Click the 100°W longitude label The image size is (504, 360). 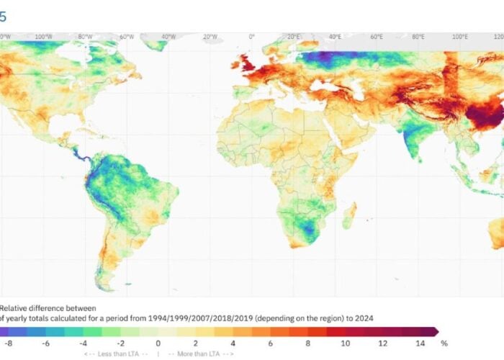pyautogui.click(x=43, y=36)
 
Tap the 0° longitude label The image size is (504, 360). pyautogui.click(x=251, y=36)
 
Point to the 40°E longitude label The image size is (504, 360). pyautogui.click(x=335, y=36)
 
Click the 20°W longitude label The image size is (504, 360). pyautogui.click(x=210, y=36)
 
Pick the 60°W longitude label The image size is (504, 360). pyautogui.click(x=127, y=36)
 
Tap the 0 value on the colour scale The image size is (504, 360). pyautogui.click(x=158, y=343)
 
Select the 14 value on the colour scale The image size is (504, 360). pyautogui.click(x=420, y=343)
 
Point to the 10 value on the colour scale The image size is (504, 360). pyautogui.click(x=345, y=343)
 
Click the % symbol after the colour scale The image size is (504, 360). pyautogui.click(x=444, y=343)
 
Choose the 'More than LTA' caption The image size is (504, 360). pyautogui.click(x=201, y=354)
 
